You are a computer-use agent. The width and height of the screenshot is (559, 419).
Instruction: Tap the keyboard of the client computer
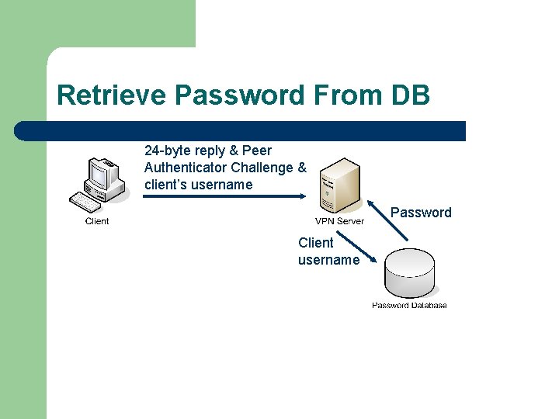click(86, 202)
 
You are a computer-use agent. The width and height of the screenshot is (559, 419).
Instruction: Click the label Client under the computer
click(97, 221)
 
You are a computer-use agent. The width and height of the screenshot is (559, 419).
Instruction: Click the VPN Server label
click(339, 221)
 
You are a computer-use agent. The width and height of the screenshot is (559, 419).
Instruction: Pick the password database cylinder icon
click(409, 273)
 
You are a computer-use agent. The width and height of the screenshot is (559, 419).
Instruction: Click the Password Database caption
click(409, 305)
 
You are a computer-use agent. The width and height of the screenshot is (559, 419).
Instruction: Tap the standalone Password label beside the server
click(421, 213)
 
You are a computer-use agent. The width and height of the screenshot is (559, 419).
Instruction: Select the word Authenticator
click(186, 167)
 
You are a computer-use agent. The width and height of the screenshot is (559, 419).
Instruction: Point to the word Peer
click(257, 150)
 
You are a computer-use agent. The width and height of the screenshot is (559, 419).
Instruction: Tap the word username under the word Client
click(328, 259)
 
